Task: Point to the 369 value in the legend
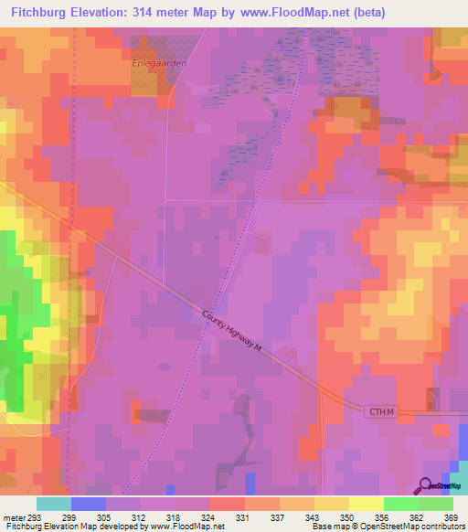(452, 516)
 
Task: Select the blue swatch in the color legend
(88, 504)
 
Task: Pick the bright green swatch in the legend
(400, 504)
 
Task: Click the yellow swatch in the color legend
(366, 504)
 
